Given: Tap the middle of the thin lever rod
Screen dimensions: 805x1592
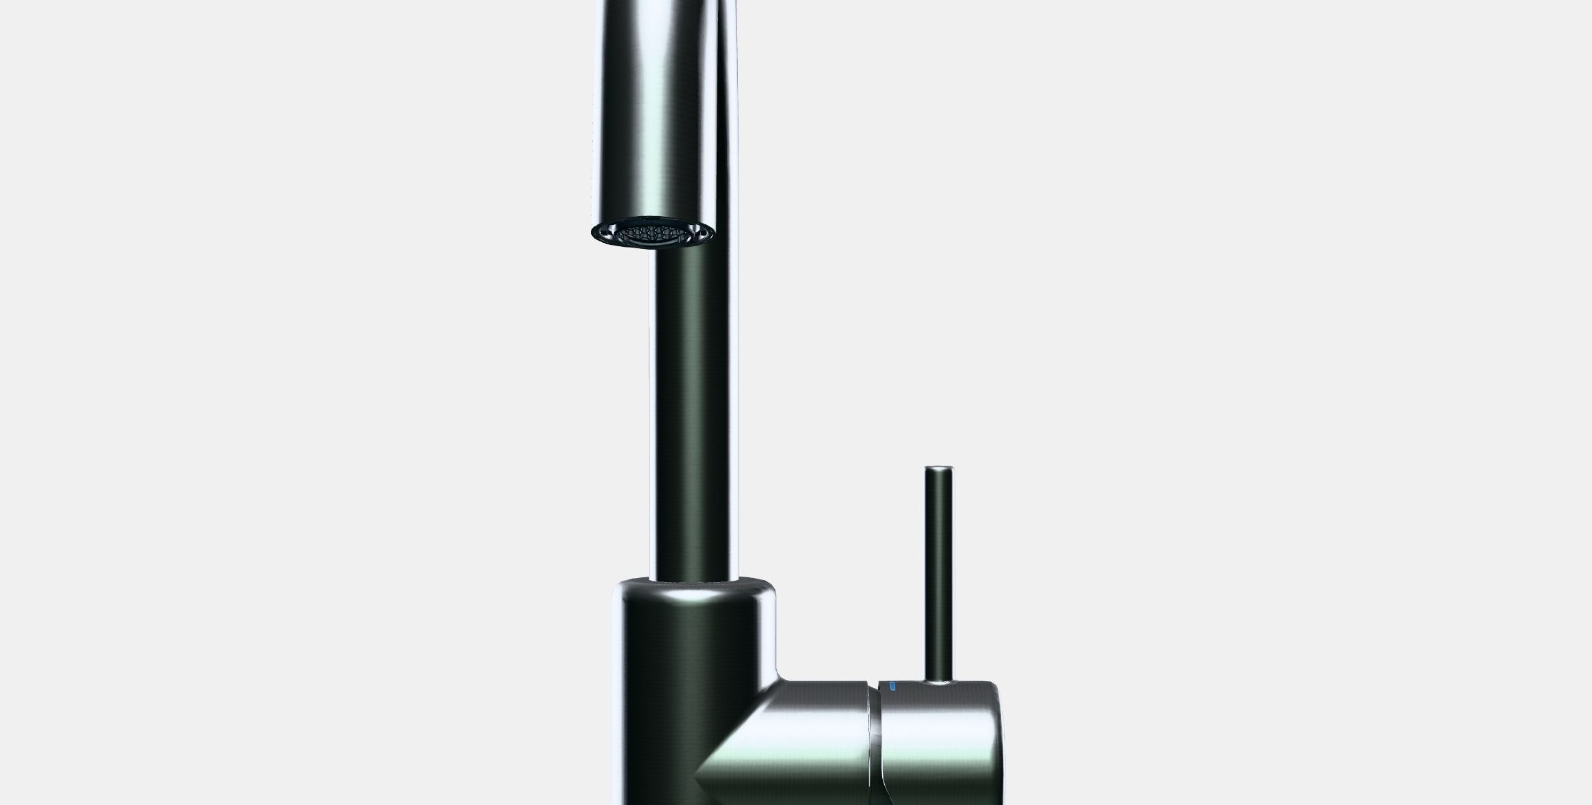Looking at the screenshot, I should tap(939, 575).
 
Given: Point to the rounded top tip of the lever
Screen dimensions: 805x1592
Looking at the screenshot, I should tap(939, 469).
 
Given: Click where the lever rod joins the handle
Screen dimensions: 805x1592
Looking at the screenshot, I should tap(939, 681).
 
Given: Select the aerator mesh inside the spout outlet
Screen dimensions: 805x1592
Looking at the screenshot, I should tap(653, 234).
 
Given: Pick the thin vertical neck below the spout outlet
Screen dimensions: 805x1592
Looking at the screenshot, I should tap(693, 410).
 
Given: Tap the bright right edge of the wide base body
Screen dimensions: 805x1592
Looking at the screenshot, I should tap(769, 636).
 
